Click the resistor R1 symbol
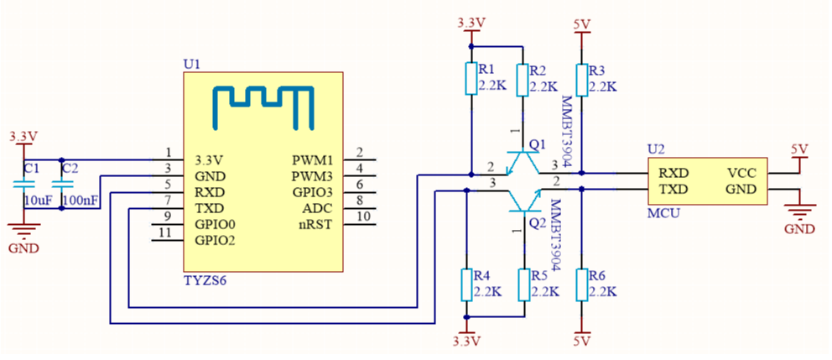(x=471, y=79)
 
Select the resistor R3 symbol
(x=580, y=79)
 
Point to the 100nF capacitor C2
(x=61, y=184)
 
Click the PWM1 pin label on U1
(x=312, y=159)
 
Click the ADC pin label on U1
(x=319, y=208)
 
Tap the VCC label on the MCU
(x=741, y=173)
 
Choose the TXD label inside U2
(x=673, y=190)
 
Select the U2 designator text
(x=656, y=149)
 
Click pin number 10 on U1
(x=363, y=217)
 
